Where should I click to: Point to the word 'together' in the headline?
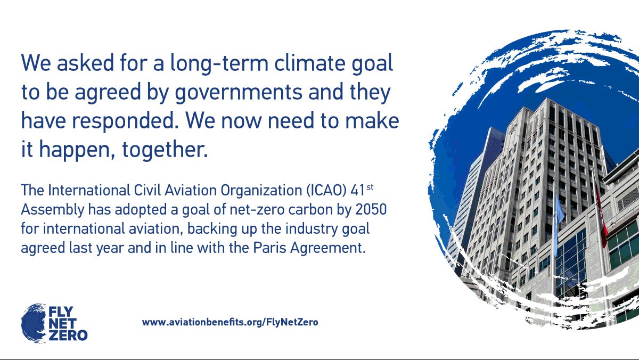(163, 150)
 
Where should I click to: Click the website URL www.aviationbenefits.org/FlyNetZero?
(230, 322)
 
